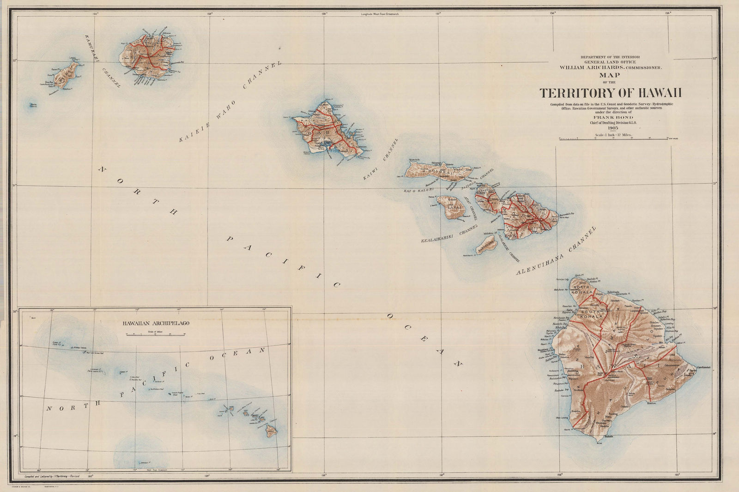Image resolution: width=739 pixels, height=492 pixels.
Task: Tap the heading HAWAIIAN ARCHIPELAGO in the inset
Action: (x=155, y=323)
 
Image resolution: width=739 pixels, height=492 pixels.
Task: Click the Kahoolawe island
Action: (x=485, y=244)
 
